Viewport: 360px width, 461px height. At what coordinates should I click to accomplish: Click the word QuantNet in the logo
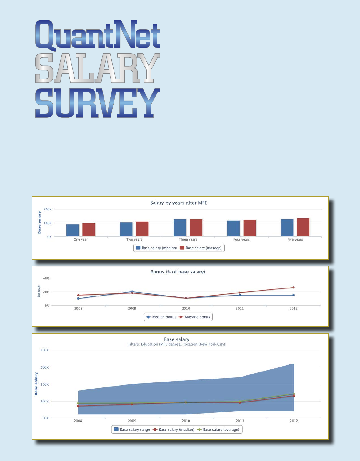point(98,34)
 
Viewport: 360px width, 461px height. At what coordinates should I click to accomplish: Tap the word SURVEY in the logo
point(98,103)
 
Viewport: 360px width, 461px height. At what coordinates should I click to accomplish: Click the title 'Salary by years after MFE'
point(179,203)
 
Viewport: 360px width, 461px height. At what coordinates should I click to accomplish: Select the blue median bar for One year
point(73,230)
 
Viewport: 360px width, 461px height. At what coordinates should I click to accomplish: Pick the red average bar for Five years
point(303,227)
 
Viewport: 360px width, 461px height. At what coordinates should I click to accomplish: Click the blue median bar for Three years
point(180,228)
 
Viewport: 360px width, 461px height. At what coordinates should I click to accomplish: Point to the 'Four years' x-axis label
point(241,240)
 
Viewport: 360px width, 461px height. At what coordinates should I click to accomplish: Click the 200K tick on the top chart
point(47,209)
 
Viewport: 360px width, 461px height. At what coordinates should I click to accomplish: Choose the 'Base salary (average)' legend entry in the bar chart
point(201,248)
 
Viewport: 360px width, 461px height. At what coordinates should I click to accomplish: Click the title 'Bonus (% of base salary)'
point(178,272)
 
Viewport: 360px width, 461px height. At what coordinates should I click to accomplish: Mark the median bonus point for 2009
point(132,292)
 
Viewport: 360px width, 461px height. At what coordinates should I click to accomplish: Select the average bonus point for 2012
point(293,288)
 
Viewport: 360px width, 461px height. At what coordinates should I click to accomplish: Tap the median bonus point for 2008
point(78,299)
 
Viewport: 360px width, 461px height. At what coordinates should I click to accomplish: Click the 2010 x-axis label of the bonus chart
point(186,309)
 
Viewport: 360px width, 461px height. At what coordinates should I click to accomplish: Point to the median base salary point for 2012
point(294,396)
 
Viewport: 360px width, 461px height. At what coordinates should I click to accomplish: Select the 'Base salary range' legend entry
point(132,430)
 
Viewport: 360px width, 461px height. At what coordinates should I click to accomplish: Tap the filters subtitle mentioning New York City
point(176,344)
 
